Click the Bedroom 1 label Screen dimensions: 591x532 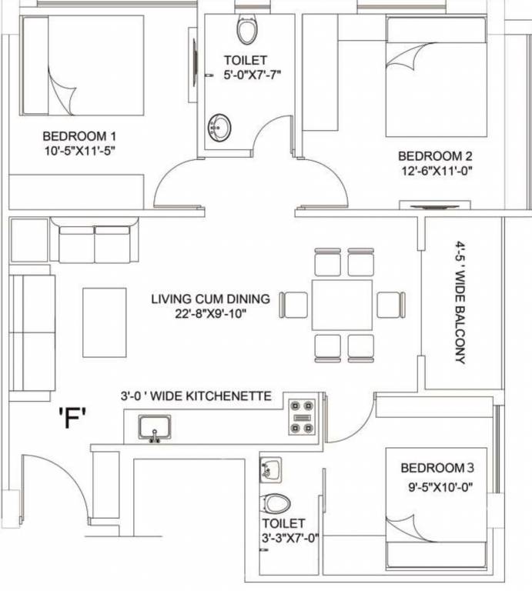tap(80, 136)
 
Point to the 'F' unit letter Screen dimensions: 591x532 tap(72, 420)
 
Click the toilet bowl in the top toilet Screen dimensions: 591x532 tap(247, 31)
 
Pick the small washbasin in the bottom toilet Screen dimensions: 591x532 tap(269, 468)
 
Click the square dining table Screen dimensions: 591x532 tap(342, 303)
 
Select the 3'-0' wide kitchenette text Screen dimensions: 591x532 tap(196, 396)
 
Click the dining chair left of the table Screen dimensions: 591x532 tap(293, 304)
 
